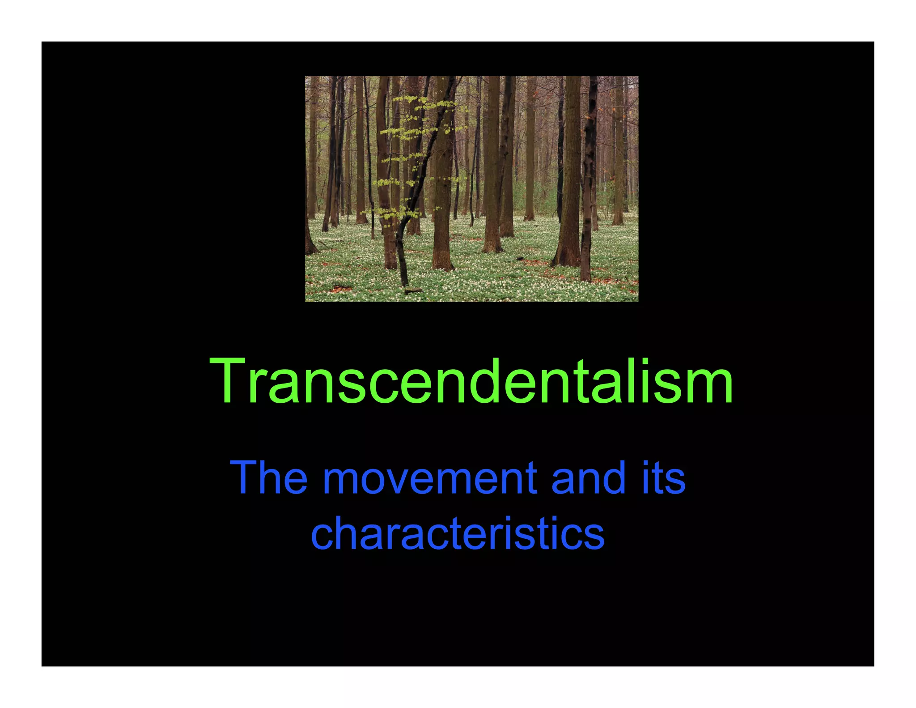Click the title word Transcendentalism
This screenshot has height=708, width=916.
click(471, 381)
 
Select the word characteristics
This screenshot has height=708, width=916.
click(457, 533)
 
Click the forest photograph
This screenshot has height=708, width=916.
click(471, 188)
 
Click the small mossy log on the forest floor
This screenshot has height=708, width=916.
click(413, 290)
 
